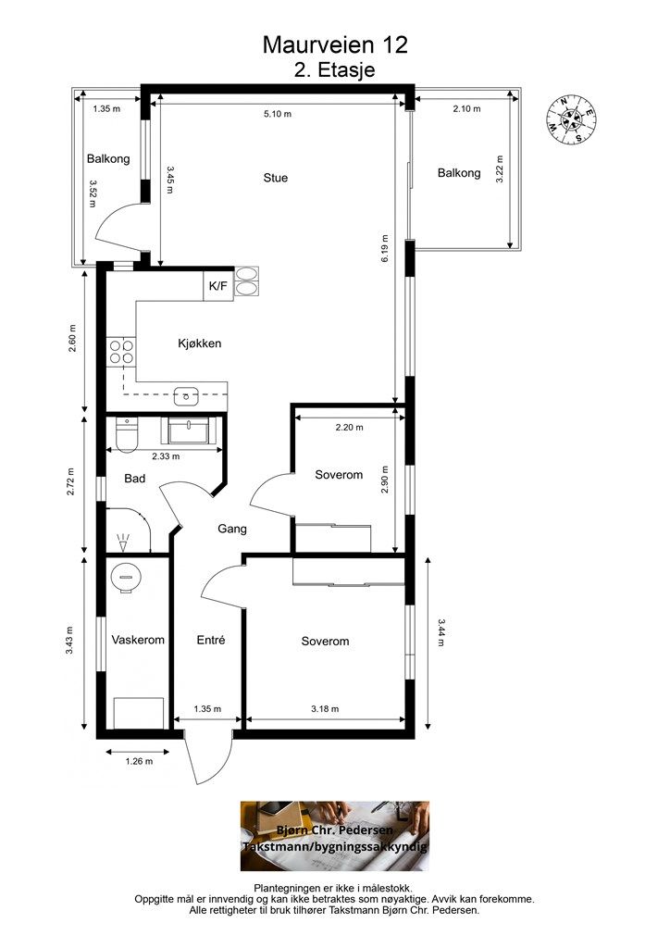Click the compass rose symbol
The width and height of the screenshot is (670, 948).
click(571, 120)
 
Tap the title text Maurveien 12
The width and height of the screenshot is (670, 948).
click(335, 44)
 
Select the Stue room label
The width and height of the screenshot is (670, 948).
click(276, 178)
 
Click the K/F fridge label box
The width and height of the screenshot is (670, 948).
click(218, 285)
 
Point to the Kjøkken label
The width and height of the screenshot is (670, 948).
click(199, 343)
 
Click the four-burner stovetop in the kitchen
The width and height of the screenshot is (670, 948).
click(121, 351)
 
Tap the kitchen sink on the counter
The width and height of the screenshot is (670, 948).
click(186, 397)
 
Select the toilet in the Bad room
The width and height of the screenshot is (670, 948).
click(127, 435)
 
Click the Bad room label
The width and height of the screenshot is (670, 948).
click(135, 479)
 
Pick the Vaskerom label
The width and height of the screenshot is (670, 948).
click(138, 640)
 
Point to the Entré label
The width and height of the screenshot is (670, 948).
click(211, 640)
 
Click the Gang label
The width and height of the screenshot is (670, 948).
click(232, 529)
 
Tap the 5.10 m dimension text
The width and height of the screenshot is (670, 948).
click(278, 114)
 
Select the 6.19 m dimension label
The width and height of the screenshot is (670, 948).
click(385, 248)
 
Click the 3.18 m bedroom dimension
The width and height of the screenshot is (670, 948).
click(325, 708)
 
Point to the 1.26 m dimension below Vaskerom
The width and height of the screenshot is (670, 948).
click(139, 761)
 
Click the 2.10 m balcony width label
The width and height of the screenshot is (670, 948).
click(467, 109)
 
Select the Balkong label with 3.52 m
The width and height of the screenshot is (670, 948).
click(108, 159)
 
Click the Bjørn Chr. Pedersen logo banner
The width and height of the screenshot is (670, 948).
click(335, 836)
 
